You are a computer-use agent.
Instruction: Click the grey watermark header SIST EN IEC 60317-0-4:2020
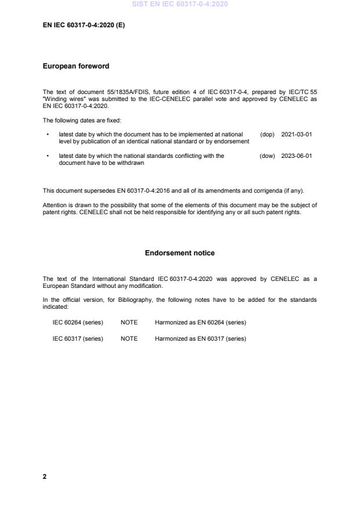point(180,4)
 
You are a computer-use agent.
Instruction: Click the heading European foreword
point(76,66)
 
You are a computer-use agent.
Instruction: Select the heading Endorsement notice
point(179,253)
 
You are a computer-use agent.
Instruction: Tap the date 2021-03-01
point(297,134)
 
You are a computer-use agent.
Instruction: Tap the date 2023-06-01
point(297,156)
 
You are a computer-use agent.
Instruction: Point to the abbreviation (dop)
point(267,134)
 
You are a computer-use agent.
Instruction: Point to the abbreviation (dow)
point(267,156)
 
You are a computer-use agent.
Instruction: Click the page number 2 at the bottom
point(45,476)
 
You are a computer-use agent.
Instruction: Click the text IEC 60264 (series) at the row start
point(78,322)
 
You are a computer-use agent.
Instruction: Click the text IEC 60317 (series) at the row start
point(78,339)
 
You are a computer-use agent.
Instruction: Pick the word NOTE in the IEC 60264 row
point(129,322)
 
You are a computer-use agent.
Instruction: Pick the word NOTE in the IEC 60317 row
point(129,339)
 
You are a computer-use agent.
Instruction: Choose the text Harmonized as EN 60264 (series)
point(200,322)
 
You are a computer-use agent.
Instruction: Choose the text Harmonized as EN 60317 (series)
point(200,339)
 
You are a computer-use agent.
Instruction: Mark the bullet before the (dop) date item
point(47,134)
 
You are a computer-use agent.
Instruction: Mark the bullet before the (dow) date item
point(47,156)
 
